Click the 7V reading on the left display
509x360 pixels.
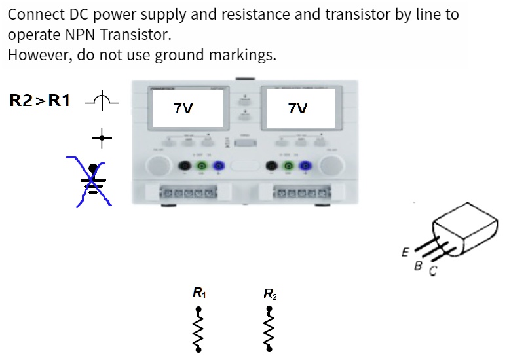(x=184, y=109)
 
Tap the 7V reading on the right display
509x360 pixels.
(x=297, y=109)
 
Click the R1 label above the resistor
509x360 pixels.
(x=197, y=293)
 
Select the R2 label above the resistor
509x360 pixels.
(x=270, y=294)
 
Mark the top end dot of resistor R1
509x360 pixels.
(x=198, y=307)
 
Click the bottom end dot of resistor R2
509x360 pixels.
(x=269, y=349)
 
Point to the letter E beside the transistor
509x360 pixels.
(x=405, y=252)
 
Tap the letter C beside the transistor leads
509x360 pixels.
(x=432, y=271)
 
